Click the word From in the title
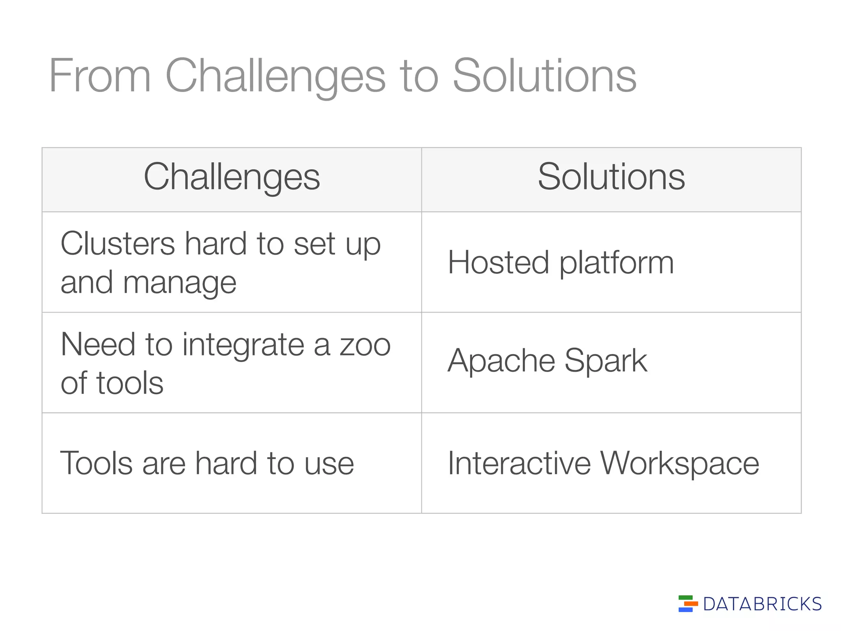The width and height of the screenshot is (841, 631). [100, 76]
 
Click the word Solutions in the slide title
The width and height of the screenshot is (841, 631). [544, 76]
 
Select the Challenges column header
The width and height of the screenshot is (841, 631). [232, 177]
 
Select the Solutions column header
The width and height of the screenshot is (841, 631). [611, 177]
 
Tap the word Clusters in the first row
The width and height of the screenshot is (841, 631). [117, 243]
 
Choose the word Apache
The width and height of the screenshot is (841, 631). [501, 361]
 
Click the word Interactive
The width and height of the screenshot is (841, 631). [519, 463]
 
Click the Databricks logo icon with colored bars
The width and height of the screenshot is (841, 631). [688, 603]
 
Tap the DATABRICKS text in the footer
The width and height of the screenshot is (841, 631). [762, 604]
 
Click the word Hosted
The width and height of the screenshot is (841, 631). [498, 263]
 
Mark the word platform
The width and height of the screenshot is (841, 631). [616, 263]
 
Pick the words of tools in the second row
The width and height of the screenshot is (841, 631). [112, 383]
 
